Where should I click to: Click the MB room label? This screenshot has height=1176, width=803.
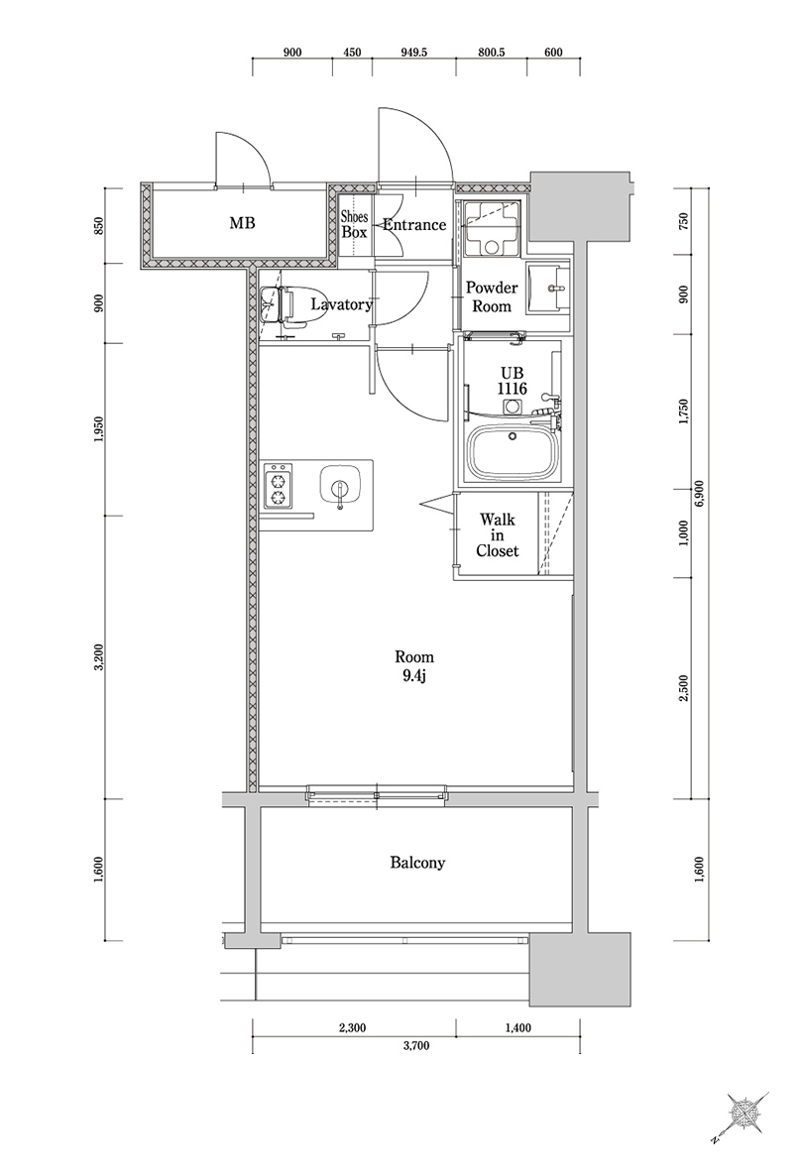point(242,224)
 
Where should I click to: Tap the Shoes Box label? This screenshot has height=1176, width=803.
point(354,224)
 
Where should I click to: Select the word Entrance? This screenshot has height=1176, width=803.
point(414,225)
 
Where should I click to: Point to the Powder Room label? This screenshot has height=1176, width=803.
point(493,296)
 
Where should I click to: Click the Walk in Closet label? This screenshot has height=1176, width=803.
point(497,535)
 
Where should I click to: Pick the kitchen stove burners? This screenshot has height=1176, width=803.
point(280,486)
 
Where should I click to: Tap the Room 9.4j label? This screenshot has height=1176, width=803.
point(413,666)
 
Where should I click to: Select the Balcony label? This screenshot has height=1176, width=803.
point(417,863)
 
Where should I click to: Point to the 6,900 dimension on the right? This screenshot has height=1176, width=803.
point(699,492)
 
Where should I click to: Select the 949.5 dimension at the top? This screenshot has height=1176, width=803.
point(413,53)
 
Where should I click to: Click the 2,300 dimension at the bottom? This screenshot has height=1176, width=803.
point(351,1028)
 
